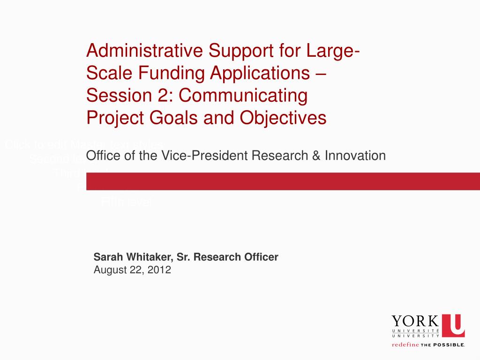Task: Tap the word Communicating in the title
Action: (243, 96)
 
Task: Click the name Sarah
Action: (106, 257)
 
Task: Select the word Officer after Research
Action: (261, 257)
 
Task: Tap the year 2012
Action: (160, 270)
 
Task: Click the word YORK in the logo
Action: (415, 322)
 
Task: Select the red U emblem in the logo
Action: (453, 325)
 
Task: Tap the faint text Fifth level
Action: (127, 202)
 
